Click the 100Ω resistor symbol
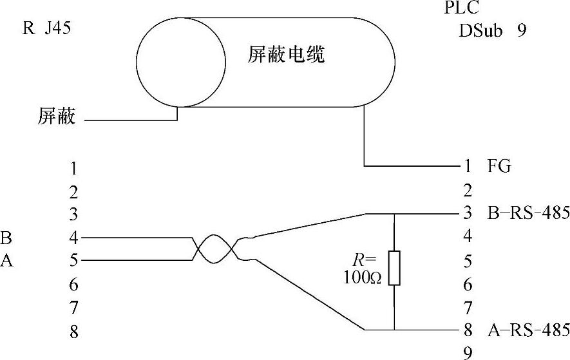pos(394,268)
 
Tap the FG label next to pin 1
pos(499,166)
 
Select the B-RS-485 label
pos(529,213)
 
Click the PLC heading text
pos(462,8)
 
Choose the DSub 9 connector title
pos(493,30)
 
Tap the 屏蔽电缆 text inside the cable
pos(286,54)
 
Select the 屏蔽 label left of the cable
pos(57,117)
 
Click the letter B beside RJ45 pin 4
pos(6,238)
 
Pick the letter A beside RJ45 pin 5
pos(6,261)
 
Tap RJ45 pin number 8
pos(74,332)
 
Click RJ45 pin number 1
pos(74,169)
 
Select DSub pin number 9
pos(468,352)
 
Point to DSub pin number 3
pos(468,213)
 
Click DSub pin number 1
pos(468,166)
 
